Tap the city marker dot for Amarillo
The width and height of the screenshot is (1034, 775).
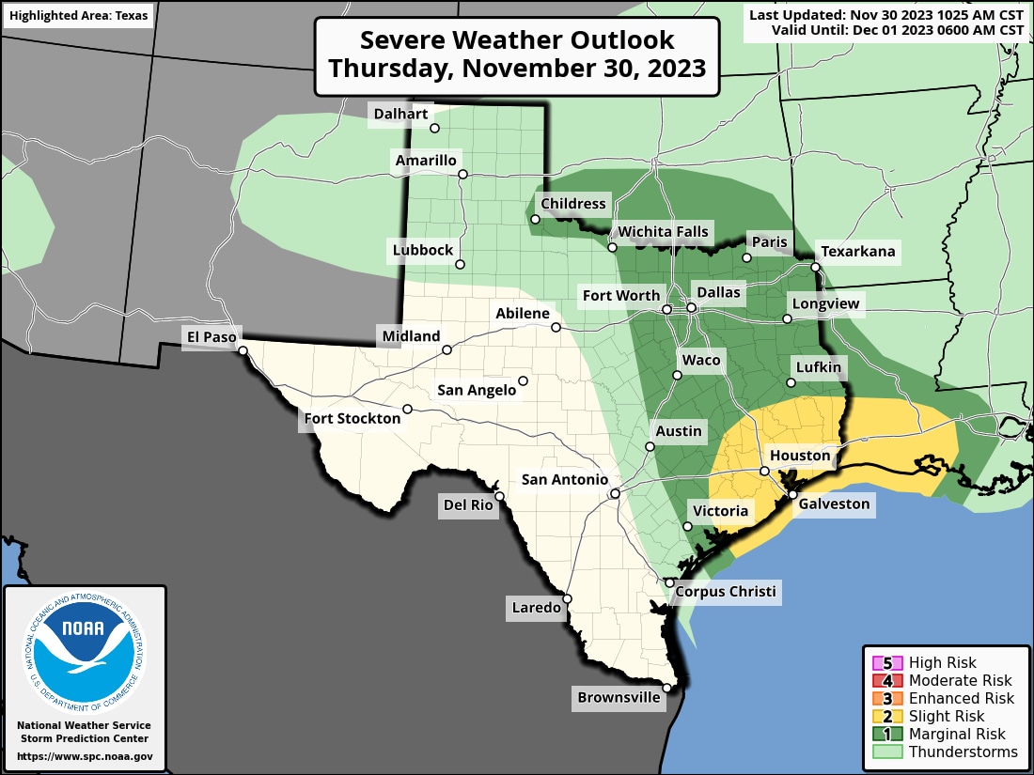462,174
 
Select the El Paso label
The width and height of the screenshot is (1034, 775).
211,335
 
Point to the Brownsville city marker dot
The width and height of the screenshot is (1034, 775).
666,688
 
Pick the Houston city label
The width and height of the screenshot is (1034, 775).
800,456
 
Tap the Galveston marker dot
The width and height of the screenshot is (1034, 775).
792,494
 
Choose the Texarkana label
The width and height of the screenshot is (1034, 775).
858,252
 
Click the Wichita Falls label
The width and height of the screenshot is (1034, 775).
662,232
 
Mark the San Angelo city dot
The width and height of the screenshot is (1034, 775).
523,380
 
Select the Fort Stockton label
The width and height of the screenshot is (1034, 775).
352,418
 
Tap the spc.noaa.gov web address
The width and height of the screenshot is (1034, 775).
85,756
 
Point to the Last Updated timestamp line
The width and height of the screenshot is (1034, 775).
885,14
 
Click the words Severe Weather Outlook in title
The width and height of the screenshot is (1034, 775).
517,41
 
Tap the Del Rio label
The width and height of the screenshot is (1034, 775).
468,505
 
